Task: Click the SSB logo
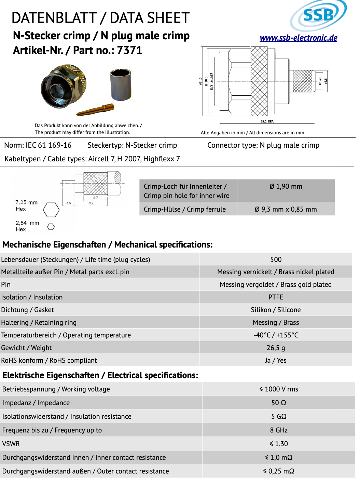(318, 15)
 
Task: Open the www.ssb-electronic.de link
(298, 38)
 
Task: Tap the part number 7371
(129, 50)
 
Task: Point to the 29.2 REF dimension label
(267, 121)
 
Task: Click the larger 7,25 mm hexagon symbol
(51, 210)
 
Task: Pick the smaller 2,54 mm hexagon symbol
(51, 227)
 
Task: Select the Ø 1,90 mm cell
(286, 187)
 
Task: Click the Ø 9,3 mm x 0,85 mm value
(286, 209)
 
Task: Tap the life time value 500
(276, 259)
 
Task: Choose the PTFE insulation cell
(276, 297)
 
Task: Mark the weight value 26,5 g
(276, 348)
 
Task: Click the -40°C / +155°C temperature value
(276, 335)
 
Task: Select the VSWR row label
(11, 444)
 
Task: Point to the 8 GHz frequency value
(279, 430)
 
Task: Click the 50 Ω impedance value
(279, 403)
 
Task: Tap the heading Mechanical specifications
(108, 245)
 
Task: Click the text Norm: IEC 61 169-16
(38, 145)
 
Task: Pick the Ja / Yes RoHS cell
(276, 360)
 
